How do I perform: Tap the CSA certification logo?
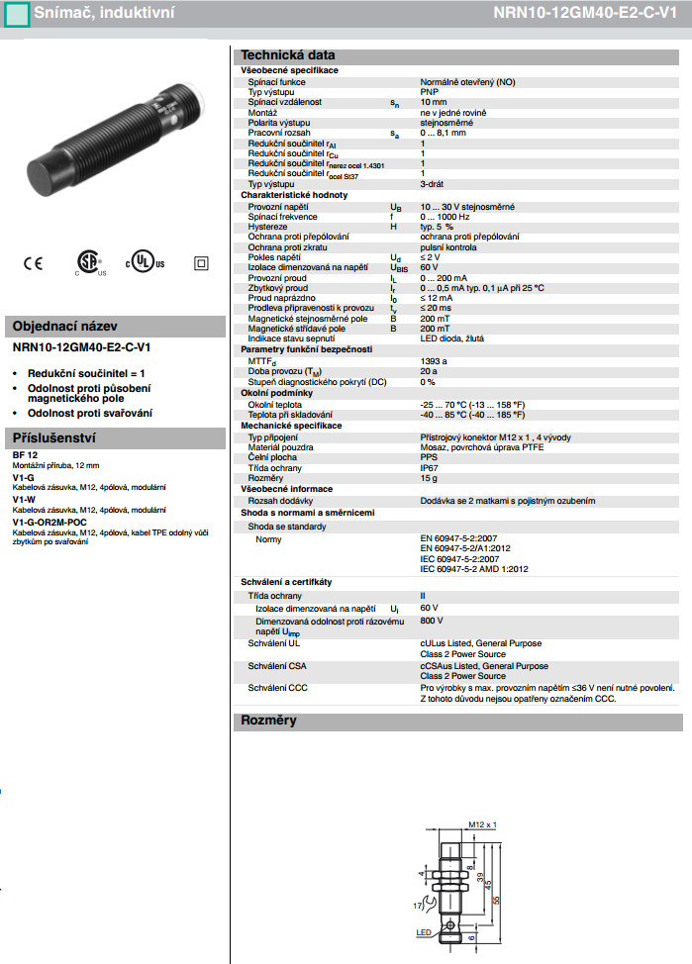click(90, 261)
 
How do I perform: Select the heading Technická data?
click(288, 55)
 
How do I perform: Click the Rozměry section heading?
click(269, 721)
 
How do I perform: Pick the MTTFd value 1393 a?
click(434, 362)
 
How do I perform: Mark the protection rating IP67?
click(430, 468)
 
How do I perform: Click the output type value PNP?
click(430, 92)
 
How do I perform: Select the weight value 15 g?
click(429, 478)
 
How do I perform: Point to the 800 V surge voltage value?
click(433, 621)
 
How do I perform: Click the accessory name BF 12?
click(25, 456)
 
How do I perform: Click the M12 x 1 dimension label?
click(481, 823)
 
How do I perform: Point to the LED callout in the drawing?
click(424, 931)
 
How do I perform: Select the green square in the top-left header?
click(12, 13)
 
